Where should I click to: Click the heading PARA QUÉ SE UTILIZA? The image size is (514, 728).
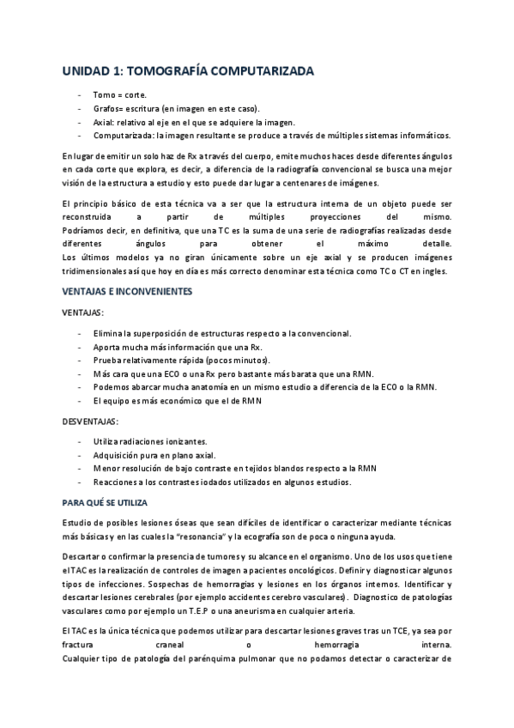[x=106, y=502]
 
